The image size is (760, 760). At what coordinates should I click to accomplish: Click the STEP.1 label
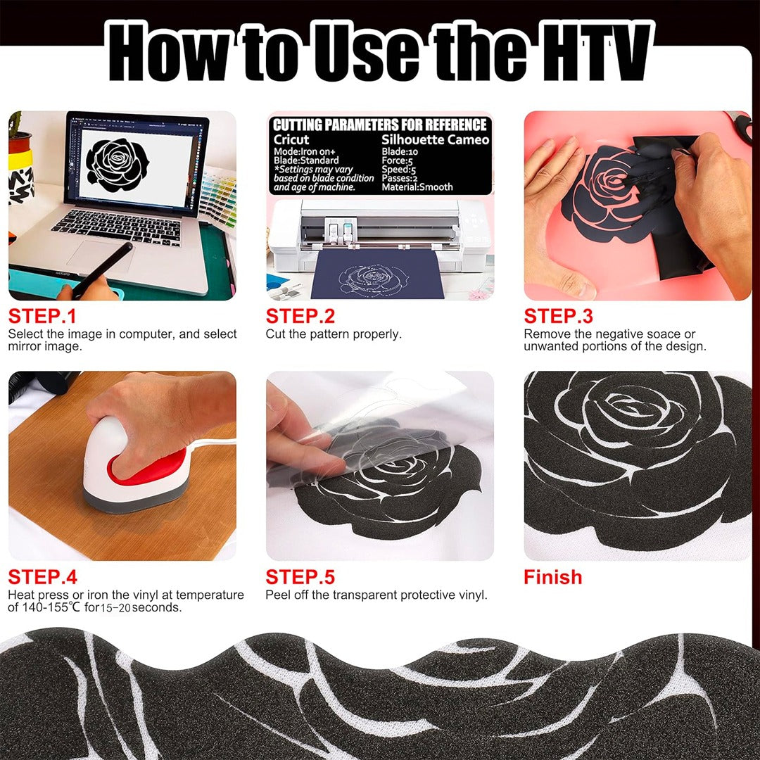[42, 317]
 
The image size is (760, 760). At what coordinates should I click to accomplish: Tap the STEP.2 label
[300, 317]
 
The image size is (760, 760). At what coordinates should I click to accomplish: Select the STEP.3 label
[558, 317]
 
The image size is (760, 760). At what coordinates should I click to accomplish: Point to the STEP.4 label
[43, 577]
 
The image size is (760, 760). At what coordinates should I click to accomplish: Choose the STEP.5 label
[300, 577]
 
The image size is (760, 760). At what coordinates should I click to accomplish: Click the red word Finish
[552, 577]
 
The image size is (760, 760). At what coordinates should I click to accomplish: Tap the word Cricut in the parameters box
[291, 139]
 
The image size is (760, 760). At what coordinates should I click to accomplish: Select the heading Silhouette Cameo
[436, 139]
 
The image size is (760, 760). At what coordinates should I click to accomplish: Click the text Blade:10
[400, 152]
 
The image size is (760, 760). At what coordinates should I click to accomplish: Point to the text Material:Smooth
[417, 187]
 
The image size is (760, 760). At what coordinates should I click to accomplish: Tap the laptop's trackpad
[101, 256]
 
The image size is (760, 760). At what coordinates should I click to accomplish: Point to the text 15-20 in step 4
[115, 608]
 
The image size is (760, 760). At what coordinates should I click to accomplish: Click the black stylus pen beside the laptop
[103, 268]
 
